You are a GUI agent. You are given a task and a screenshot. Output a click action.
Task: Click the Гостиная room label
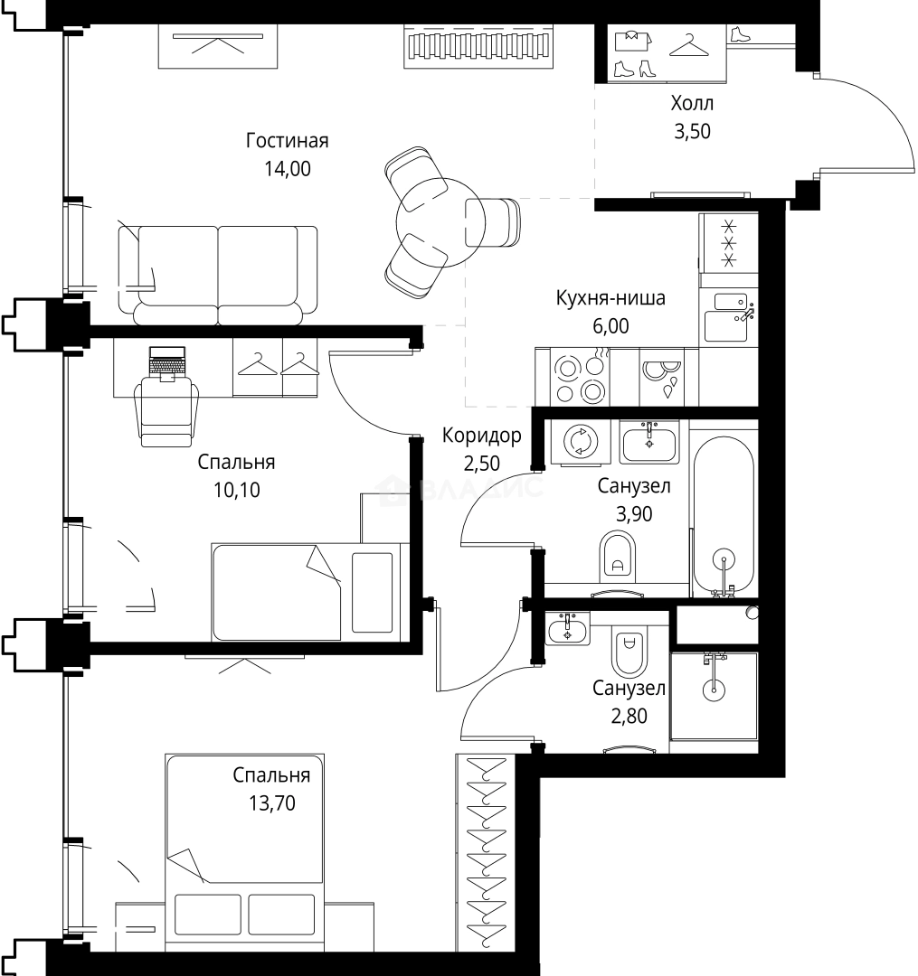287,141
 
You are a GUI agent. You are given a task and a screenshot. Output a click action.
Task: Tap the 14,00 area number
288,169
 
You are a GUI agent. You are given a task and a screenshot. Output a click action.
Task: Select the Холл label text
692,103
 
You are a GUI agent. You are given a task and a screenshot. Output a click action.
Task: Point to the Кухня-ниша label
610,297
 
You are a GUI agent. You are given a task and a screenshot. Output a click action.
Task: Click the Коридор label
481,436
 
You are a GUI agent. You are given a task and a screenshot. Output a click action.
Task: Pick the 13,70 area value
272,803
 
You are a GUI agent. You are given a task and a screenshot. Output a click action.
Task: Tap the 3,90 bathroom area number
634,513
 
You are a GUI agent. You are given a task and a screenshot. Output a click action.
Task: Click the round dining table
440,222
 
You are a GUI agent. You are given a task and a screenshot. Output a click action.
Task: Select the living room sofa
217,275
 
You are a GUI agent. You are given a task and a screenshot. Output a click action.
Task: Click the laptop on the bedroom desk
167,363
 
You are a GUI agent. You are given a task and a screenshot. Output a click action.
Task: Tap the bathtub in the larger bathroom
724,515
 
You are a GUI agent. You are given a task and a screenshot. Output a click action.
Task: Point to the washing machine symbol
581,442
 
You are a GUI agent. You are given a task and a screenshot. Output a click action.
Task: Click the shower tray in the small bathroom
714,696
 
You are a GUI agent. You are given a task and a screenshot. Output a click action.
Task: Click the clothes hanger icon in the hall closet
689,45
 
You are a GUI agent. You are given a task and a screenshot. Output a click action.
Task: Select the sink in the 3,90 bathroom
649,442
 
